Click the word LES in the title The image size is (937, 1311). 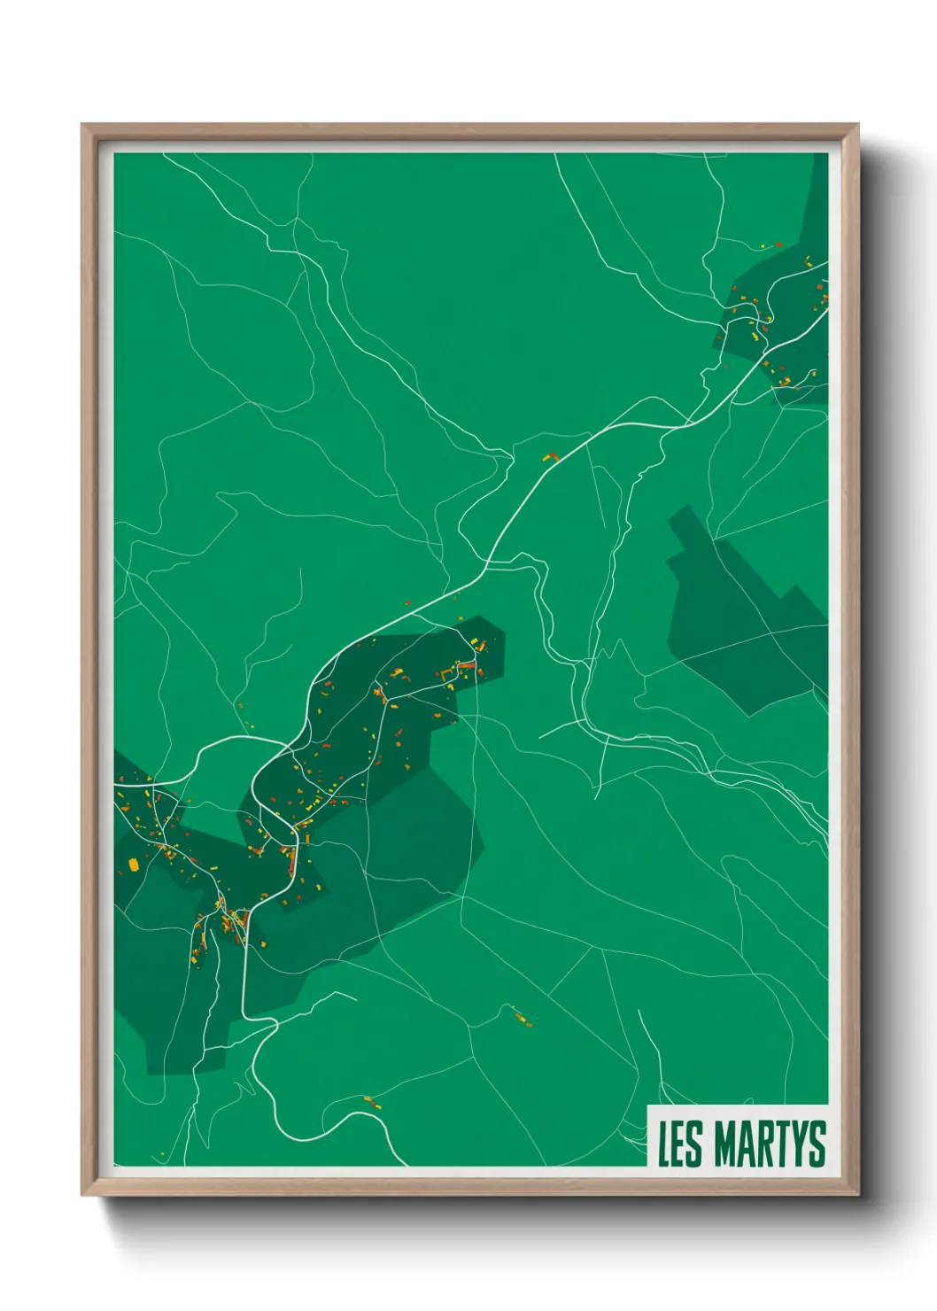[678, 1144]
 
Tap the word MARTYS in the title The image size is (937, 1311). [770, 1144]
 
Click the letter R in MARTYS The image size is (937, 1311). [763, 1144]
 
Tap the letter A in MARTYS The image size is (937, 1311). [745, 1144]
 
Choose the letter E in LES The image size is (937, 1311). [678, 1144]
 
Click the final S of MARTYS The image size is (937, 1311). [817, 1144]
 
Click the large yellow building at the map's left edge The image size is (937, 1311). [134, 864]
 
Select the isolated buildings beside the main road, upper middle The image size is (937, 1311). [550, 457]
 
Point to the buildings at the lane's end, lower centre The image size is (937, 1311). [523, 1019]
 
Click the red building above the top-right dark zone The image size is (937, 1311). [778, 244]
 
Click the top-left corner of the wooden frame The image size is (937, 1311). [83, 126]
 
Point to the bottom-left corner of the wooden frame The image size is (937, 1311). [83, 1194]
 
